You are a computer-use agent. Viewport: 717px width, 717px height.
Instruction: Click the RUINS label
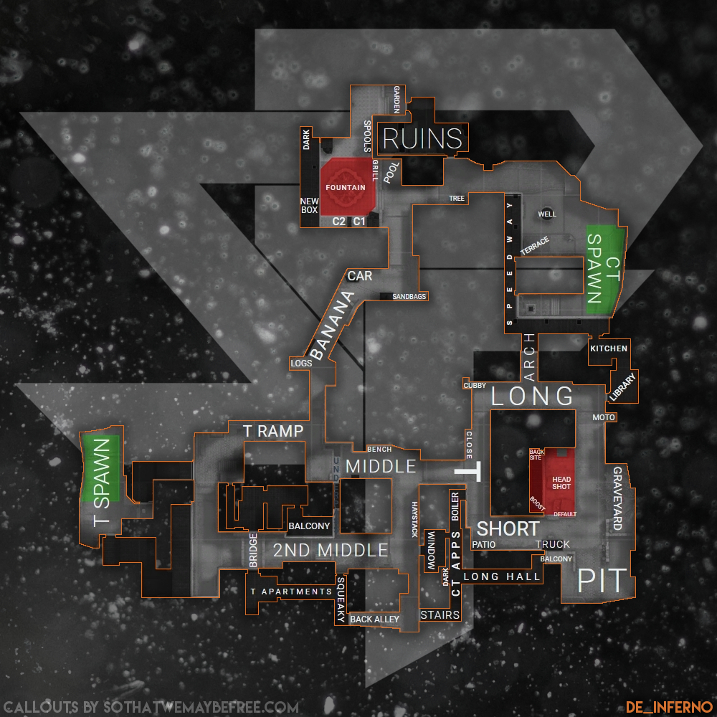(x=422, y=138)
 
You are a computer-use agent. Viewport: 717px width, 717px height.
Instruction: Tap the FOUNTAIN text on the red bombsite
(x=346, y=188)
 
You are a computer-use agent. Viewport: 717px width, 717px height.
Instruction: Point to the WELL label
(x=546, y=214)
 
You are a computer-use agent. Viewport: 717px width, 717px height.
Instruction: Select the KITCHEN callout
(x=609, y=348)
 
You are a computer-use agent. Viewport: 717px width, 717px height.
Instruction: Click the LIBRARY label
(x=622, y=386)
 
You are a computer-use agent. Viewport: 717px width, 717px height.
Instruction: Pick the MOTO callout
(x=604, y=417)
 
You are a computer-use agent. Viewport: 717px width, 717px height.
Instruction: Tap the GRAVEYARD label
(x=617, y=498)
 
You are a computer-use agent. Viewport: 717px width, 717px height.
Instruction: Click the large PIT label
(x=602, y=579)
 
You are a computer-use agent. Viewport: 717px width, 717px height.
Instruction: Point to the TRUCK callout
(x=553, y=544)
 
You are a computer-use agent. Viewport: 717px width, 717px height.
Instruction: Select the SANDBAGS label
(x=409, y=296)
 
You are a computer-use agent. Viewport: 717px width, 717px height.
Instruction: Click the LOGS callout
(x=301, y=364)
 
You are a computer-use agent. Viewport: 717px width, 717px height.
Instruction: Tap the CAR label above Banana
(x=359, y=275)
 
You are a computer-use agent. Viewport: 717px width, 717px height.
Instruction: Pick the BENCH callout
(x=379, y=450)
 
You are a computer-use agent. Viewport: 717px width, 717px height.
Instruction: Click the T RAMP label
(x=273, y=431)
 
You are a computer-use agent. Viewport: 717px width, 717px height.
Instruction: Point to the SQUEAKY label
(x=341, y=600)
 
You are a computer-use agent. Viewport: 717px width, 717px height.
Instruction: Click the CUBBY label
(x=475, y=386)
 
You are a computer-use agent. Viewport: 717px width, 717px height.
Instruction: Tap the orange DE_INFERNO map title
(x=668, y=706)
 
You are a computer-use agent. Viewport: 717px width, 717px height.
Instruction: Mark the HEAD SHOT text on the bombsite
(x=561, y=482)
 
